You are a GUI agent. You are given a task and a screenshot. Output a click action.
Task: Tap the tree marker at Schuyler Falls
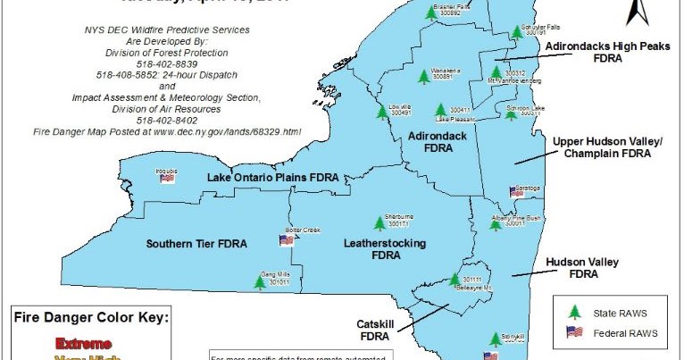(x=516, y=32)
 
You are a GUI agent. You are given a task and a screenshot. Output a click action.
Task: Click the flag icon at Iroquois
(x=167, y=178)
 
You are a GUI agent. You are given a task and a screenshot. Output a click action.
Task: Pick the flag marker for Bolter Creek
(x=287, y=239)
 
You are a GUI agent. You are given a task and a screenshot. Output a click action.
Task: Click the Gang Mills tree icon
(x=260, y=282)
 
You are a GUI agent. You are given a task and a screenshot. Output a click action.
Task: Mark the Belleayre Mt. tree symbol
(x=453, y=280)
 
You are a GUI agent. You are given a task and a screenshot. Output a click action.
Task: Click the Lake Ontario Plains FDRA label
(x=272, y=178)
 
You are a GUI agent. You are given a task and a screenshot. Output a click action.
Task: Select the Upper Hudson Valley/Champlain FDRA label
(x=607, y=147)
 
